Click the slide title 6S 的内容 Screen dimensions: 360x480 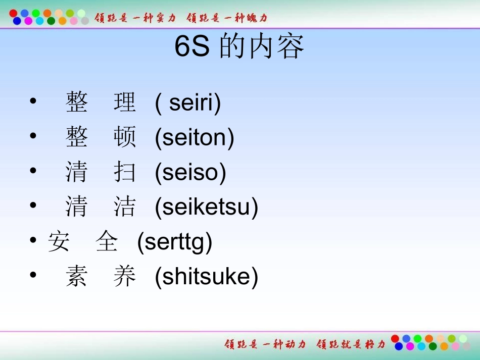coord(239,47)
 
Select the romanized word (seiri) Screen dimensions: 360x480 coord(188,103)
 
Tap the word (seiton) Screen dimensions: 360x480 coord(195,138)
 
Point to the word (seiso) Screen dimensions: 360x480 coord(190,173)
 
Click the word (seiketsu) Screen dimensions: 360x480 coord(207,207)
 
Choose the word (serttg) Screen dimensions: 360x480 coord(175,242)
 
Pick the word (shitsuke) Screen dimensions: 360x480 coord(207,277)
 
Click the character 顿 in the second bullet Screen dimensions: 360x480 coord(125,138)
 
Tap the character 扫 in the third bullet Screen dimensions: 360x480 coord(125,173)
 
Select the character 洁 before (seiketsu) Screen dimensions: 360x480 coord(125,207)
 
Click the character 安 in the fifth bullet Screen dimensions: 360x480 coord(59,242)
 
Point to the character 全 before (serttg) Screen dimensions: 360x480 coord(107,242)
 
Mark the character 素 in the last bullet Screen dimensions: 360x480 coord(76,277)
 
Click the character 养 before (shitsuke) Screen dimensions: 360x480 coord(125,277)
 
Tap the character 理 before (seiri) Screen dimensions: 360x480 coord(125,103)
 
